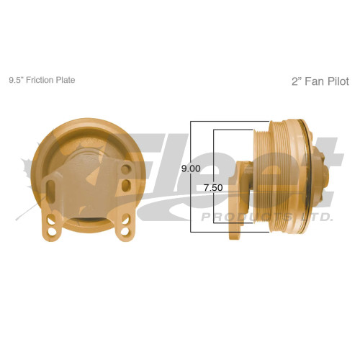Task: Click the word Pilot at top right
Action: [336, 82]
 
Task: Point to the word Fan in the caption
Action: [312, 82]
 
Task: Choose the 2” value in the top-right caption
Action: [295, 82]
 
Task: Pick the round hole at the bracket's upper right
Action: [127, 168]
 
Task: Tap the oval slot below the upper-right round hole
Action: [127, 186]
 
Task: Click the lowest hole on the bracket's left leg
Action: [53, 233]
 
